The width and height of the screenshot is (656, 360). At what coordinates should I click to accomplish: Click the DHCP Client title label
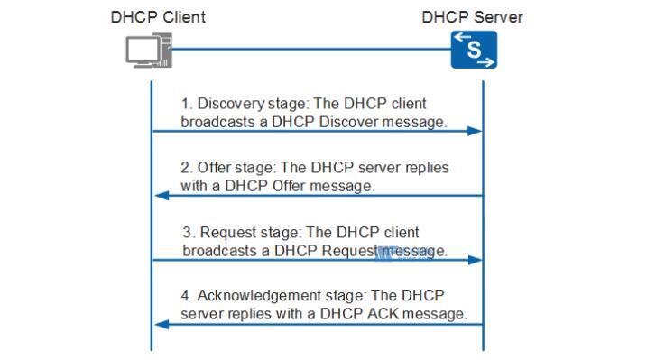point(158,17)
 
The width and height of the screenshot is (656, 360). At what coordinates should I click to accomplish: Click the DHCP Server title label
point(472,17)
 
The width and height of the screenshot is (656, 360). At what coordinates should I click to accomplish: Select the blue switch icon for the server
point(474,51)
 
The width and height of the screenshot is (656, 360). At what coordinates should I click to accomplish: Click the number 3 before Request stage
point(188,233)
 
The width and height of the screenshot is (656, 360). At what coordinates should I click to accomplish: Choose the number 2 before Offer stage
point(186,169)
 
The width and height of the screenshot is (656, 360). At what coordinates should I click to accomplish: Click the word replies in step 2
point(426,169)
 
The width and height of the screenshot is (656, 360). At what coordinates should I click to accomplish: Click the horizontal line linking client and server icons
point(311,51)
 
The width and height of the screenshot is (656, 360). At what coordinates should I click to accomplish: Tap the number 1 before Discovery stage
point(185,104)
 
